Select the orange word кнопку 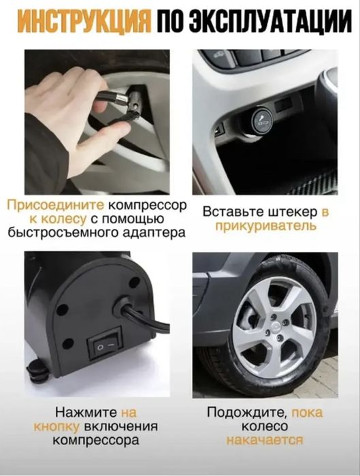[x=56, y=427]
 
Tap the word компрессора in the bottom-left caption [x=95, y=441]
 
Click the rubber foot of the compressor [x=38, y=370]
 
